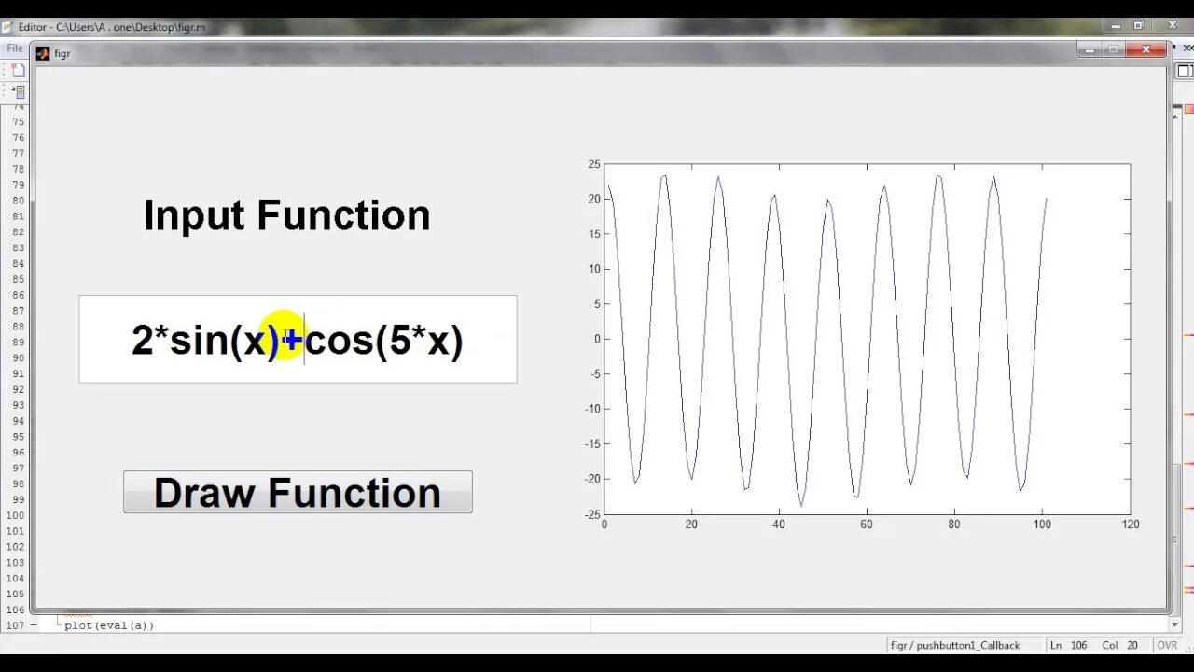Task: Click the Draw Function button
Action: click(x=298, y=492)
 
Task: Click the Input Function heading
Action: click(x=286, y=216)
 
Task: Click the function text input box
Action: click(x=298, y=339)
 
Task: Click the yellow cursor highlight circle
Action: click(x=283, y=336)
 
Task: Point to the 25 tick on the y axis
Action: click(x=594, y=164)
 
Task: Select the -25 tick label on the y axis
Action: click(x=591, y=513)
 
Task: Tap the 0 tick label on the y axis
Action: click(x=597, y=339)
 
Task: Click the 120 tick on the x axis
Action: click(x=1130, y=525)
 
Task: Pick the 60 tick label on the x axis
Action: click(x=867, y=525)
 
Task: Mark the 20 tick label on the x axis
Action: click(x=691, y=525)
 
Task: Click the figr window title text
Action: click(x=62, y=54)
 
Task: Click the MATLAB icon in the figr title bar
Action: click(x=43, y=53)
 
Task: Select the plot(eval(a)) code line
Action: click(x=109, y=625)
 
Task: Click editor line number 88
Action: click(x=18, y=327)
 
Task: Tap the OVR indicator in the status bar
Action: click(x=1167, y=645)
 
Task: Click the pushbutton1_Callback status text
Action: click(x=954, y=645)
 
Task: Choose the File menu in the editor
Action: click(x=14, y=48)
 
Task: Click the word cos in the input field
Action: click(x=340, y=340)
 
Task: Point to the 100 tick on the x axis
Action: click(x=1042, y=525)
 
